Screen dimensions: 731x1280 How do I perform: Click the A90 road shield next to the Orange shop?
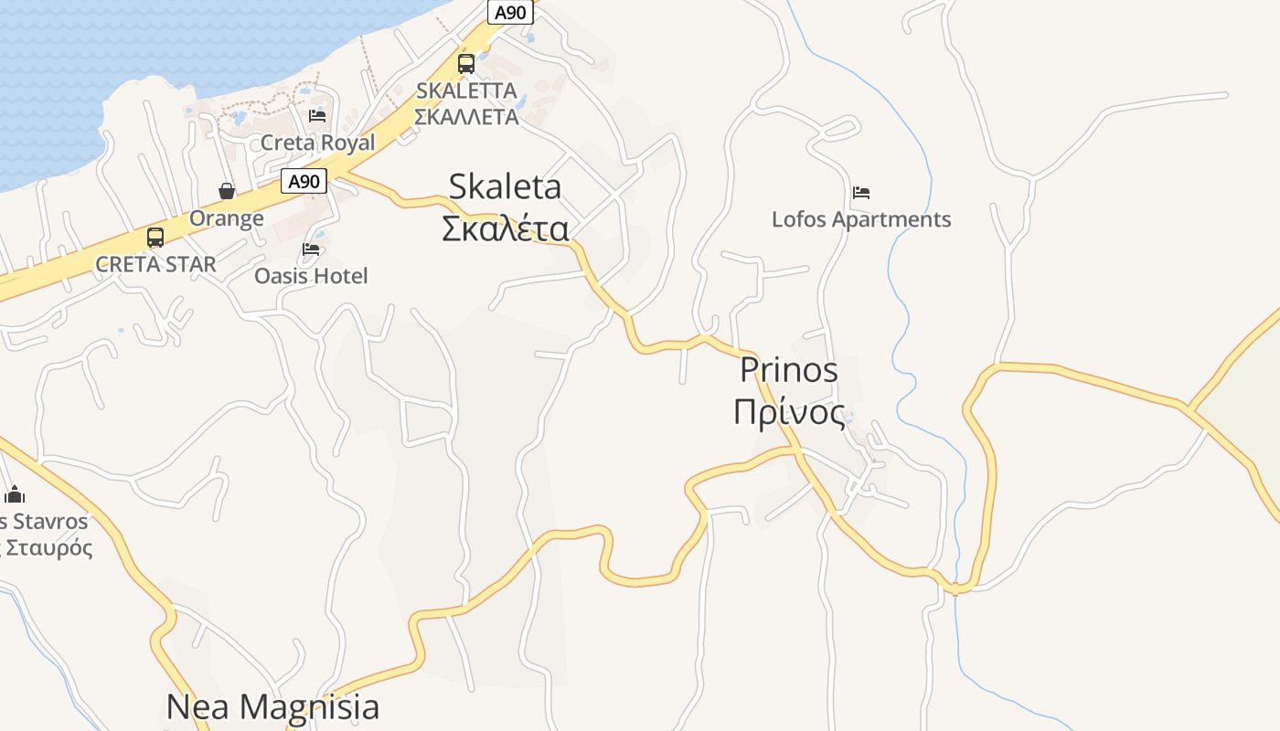point(304,181)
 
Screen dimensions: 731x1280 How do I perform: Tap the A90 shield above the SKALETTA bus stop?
point(510,12)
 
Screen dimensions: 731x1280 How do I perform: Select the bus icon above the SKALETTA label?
point(466,64)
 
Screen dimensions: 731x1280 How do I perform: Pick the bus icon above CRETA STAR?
point(155,238)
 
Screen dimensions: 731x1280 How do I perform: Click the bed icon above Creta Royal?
point(317,116)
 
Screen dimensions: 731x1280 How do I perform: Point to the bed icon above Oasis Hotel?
point(311,249)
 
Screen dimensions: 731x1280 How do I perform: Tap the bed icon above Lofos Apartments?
point(860,193)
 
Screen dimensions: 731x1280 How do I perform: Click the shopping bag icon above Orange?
point(227,191)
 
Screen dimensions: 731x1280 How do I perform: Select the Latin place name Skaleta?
point(505,186)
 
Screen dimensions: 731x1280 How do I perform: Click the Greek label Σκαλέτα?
point(505,228)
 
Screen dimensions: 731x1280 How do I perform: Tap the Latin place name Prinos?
point(788,370)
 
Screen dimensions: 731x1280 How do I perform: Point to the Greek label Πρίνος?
point(789,412)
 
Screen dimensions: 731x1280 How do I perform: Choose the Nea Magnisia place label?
point(272,706)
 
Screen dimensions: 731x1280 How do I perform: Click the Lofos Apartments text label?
point(861,219)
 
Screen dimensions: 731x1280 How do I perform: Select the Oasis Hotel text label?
point(311,276)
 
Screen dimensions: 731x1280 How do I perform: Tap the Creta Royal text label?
point(317,143)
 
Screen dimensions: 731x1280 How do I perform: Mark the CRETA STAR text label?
point(155,265)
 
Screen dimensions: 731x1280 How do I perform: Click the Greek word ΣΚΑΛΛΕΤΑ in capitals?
point(466,117)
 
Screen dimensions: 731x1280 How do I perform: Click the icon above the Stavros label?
point(15,495)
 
